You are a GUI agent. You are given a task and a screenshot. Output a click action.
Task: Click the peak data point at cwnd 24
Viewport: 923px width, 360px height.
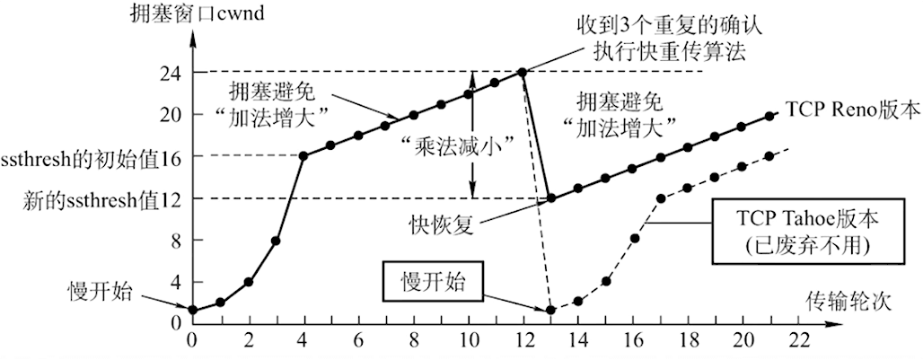[522, 72]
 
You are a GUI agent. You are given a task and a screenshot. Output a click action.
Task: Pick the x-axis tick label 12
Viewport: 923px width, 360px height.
[523, 341]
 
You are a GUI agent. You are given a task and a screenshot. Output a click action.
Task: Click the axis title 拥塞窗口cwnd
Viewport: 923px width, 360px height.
[198, 13]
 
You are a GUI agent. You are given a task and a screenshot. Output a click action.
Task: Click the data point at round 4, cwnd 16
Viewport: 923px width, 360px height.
[303, 156]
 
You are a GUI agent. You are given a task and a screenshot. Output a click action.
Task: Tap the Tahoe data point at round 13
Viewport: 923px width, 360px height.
[551, 310]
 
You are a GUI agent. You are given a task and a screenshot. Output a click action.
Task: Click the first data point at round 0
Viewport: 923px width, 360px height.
[192, 310]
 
